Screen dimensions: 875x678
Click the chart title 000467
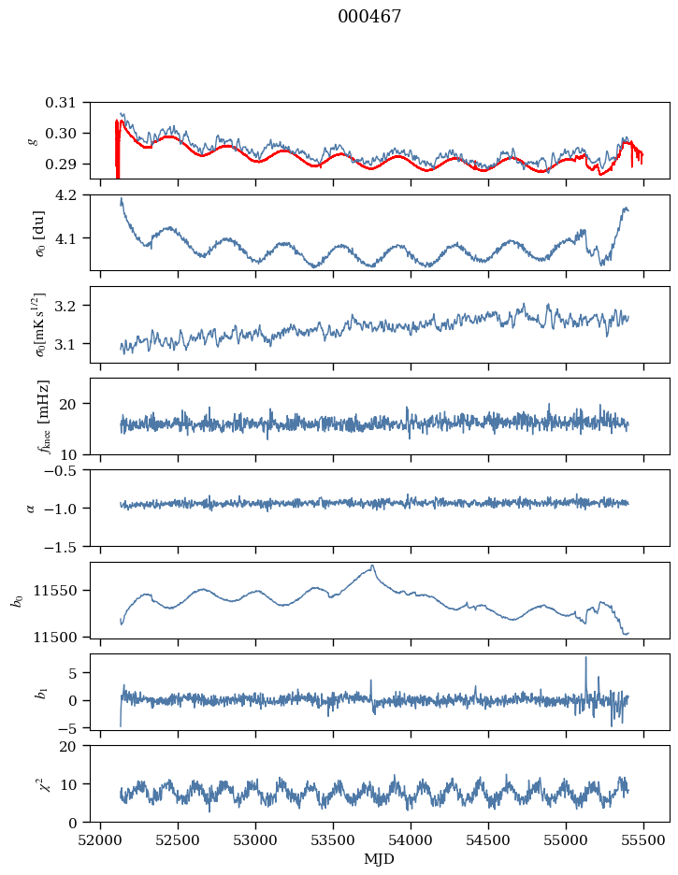point(369,17)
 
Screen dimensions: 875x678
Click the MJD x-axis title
point(380,859)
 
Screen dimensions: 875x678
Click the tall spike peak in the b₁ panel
point(585,657)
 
